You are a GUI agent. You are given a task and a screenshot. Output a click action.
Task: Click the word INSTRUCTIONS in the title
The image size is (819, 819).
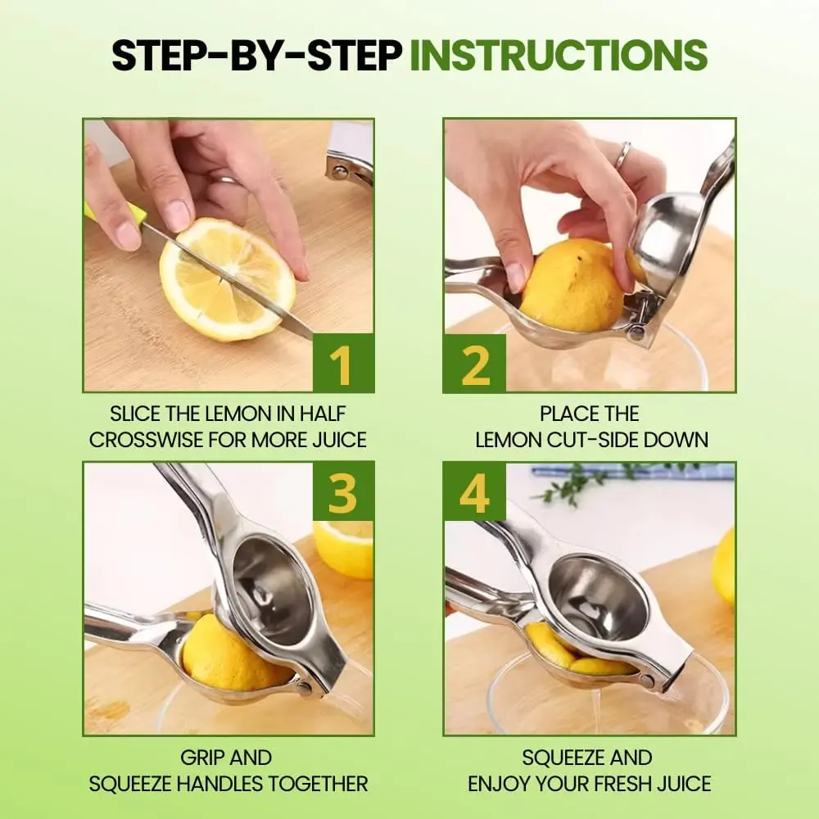coord(559,55)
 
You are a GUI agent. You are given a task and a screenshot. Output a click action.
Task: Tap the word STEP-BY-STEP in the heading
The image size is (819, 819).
coord(257,55)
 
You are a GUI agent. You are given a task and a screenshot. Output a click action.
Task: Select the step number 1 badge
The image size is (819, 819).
coord(343,363)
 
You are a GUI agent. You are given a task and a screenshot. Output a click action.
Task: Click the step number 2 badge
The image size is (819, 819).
coord(474,363)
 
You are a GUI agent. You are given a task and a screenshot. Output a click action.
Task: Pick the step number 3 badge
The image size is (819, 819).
coord(343,491)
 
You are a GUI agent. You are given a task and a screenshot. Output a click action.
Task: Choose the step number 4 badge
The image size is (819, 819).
coord(474,491)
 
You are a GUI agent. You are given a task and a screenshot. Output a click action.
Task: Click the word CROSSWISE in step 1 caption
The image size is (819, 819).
coord(147,440)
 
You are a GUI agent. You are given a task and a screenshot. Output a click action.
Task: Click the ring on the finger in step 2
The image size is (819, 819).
coord(622,155)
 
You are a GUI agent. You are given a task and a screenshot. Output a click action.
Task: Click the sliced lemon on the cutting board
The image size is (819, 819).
coord(227,279)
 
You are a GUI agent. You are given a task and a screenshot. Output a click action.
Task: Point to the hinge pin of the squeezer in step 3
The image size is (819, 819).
coord(304,687)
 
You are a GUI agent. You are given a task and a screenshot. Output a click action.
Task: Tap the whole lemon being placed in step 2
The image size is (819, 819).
coord(575,285)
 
